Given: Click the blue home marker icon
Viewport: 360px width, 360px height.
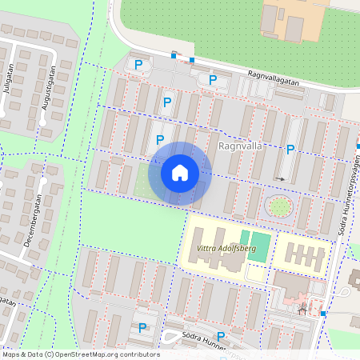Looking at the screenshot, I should [x=180, y=172].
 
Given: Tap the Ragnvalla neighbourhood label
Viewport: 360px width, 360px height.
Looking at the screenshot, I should [x=241, y=147].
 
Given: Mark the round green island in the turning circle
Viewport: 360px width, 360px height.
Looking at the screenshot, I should [x=278, y=207].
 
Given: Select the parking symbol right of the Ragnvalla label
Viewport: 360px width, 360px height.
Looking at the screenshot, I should [x=290, y=149].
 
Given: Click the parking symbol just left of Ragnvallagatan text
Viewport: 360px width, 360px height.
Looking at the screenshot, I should [x=213, y=79].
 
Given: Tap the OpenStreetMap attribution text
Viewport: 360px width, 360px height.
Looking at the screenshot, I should [x=80, y=354].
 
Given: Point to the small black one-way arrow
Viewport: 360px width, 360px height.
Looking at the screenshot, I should [x=280, y=178].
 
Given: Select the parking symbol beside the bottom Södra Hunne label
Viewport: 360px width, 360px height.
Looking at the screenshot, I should [x=221, y=337].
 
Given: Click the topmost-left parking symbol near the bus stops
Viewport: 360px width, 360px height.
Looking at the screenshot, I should [x=138, y=64].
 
